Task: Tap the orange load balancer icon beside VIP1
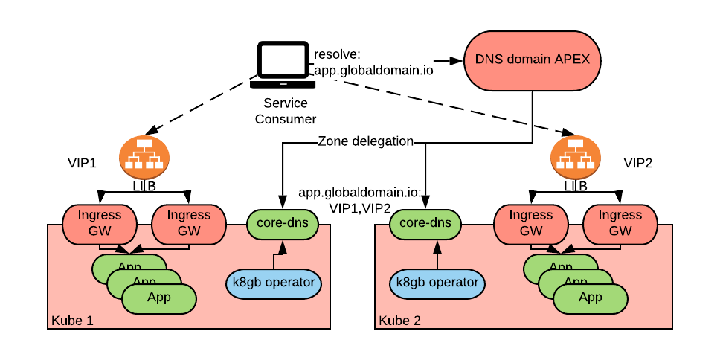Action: (144, 155)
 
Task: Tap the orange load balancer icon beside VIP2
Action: (575, 155)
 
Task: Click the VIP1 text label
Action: (82, 164)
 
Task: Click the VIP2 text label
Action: (637, 164)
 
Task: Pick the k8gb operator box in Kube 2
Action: (437, 283)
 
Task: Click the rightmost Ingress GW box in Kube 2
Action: (620, 223)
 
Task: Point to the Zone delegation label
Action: (365, 141)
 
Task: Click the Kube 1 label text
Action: (71, 321)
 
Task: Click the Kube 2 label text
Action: (399, 321)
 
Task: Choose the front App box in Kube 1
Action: (159, 298)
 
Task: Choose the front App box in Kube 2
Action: (590, 298)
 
